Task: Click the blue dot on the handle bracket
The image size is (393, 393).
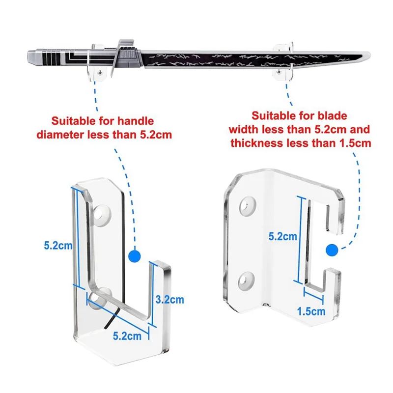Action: pos(133,256)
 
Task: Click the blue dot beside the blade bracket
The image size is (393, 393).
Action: pos(332,251)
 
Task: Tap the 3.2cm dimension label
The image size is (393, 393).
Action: pos(170,299)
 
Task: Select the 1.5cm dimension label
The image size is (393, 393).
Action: pos(311,311)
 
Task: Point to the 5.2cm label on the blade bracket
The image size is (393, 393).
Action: pos(283,236)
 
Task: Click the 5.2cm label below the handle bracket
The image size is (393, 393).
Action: pos(127,336)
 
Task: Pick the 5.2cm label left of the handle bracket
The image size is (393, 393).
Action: pos(57,246)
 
